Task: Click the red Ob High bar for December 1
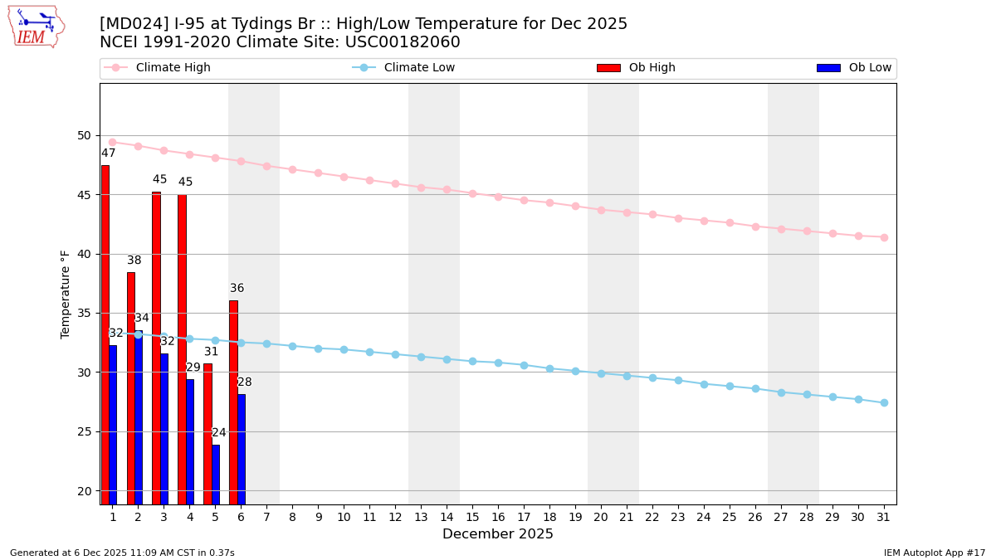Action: click(x=105, y=332)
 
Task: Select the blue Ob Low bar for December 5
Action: click(x=216, y=474)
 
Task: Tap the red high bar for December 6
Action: click(x=233, y=402)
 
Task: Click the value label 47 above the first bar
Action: click(x=109, y=153)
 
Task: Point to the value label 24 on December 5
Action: click(x=219, y=433)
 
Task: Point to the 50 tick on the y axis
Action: click(x=85, y=135)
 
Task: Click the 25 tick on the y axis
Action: click(x=85, y=431)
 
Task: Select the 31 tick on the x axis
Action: click(x=884, y=517)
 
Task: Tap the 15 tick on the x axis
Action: click(x=472, y=517)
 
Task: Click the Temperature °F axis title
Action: click(x=66, y=294)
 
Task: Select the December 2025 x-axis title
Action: click(x=498, y=534)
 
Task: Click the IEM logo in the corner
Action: click(x=36, y=26)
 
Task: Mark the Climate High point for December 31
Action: click(x=884, y=237)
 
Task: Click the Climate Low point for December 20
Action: click(x=601, y=373)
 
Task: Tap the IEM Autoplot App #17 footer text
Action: click(x=935, y=553)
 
